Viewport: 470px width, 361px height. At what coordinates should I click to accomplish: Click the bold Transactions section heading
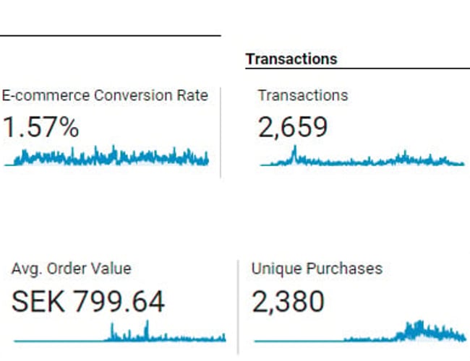point(291,58)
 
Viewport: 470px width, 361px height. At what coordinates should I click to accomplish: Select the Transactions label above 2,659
point(303,95)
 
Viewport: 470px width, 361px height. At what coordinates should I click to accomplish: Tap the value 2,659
point(293,128)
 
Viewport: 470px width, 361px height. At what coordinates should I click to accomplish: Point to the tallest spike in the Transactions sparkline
point(294,151)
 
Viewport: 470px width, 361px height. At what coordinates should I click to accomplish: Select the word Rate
point(192,95)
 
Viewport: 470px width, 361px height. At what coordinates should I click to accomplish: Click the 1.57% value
point(40,128)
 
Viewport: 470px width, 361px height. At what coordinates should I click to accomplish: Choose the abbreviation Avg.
point(26,269)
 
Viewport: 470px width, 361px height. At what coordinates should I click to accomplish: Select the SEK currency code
point(38,301)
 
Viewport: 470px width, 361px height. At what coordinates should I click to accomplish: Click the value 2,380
point(288,301)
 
